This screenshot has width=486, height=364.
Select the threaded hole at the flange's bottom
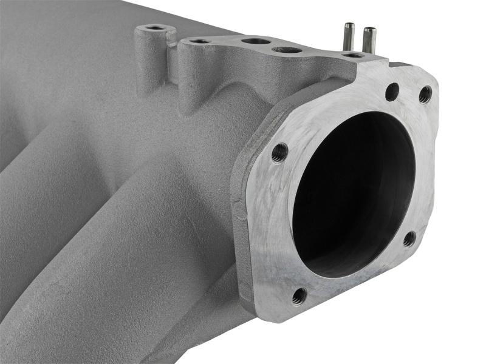(299, 295)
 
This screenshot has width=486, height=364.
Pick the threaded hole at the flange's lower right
(409, 238)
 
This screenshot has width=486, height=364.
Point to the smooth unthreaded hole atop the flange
(392, 92)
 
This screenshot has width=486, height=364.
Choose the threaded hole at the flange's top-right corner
(425, 94)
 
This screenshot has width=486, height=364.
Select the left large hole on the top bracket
(256, 41)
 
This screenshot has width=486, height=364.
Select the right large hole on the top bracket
(287, 50)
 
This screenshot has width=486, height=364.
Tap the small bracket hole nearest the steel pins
(353, 55)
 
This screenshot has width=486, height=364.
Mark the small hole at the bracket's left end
(200, 41)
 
